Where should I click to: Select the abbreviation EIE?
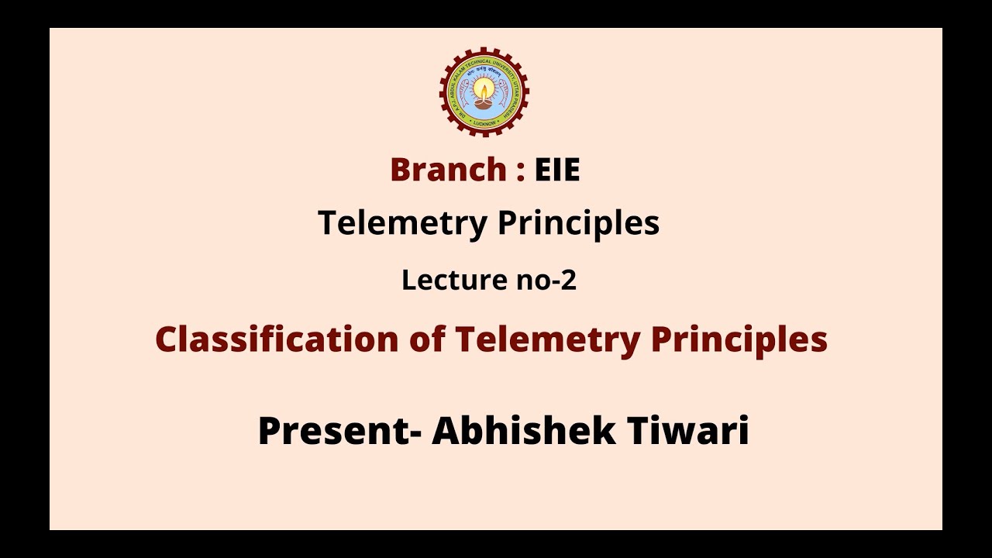[557, 170]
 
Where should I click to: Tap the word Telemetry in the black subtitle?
[402, 223]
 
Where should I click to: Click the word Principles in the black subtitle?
[578, 224]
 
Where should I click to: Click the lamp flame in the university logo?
[484, 85]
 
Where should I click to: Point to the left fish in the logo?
[464, 92]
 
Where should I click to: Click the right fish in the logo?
[505, 92]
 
